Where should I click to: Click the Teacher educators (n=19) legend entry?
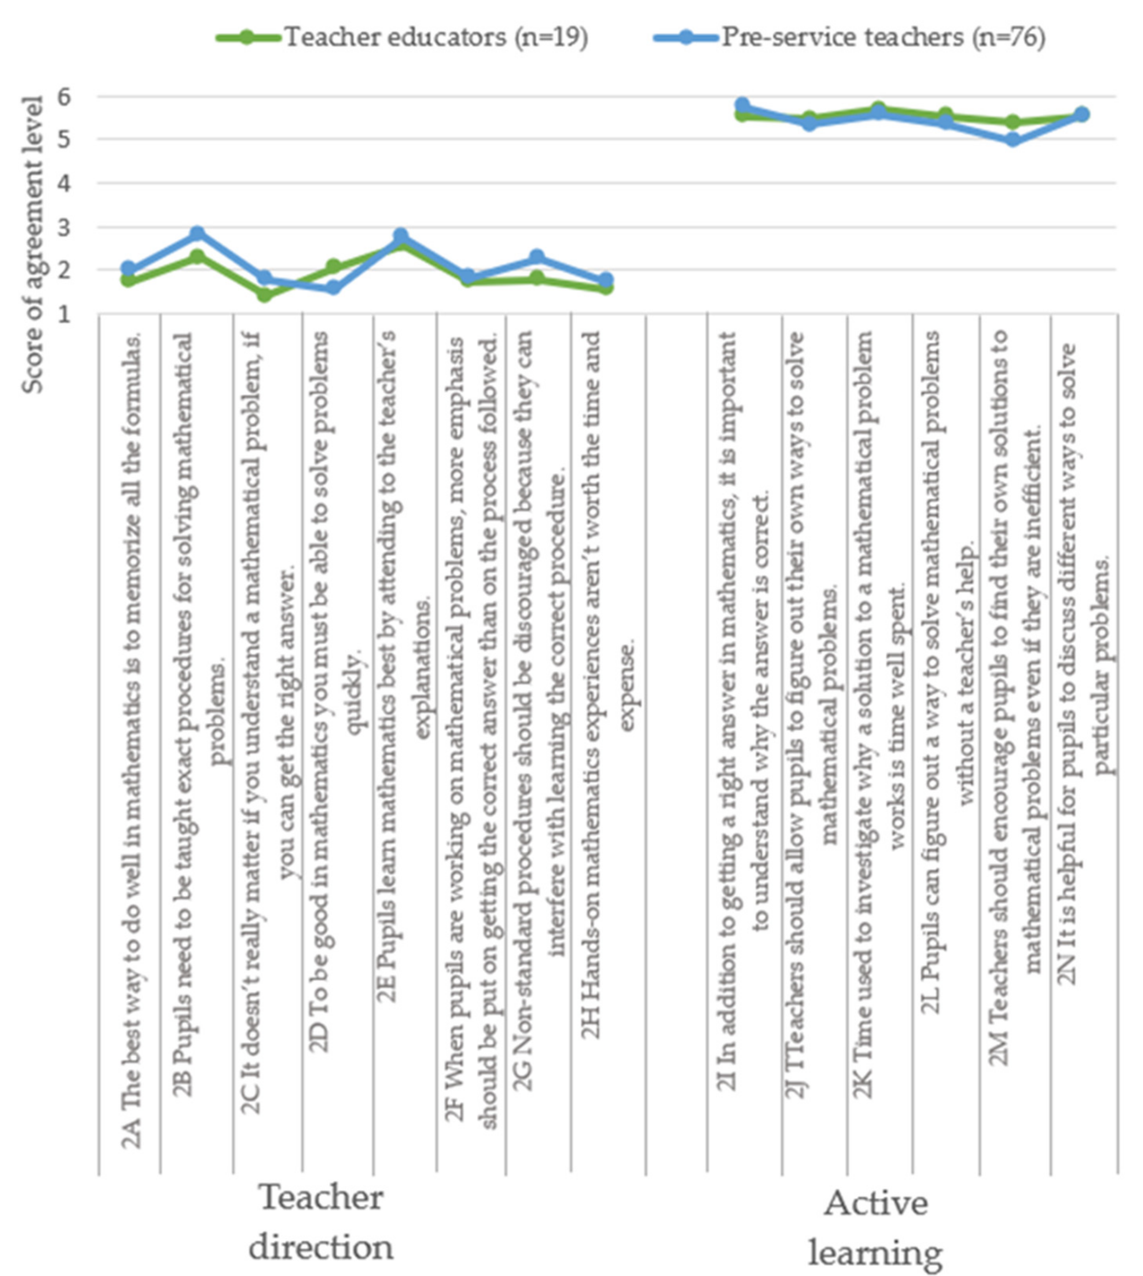tap(402, 38)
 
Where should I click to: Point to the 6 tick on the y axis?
tap(65, 97)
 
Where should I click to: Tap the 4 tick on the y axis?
tap(65, 183)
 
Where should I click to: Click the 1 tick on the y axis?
tap(65, 314)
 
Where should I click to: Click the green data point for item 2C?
tap(264, 294)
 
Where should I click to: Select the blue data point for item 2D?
tap(333, 287)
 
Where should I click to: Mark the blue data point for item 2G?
tap(537, 257)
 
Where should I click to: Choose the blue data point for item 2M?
tap(1012, 140)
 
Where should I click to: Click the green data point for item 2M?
tap(1012, 122)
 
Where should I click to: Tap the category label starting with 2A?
tap(131, 741)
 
